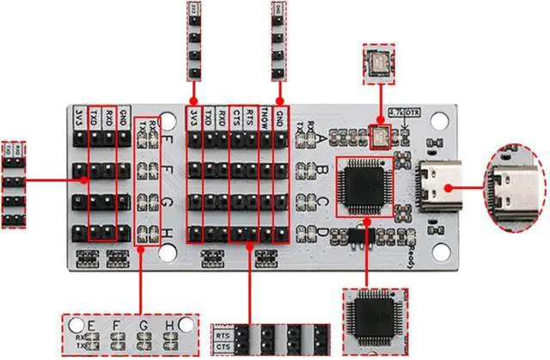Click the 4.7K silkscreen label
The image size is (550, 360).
[398, 112]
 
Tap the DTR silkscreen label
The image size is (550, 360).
[413, 112]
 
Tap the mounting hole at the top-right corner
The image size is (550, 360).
[441, 123]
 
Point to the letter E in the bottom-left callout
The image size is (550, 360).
[91, 326]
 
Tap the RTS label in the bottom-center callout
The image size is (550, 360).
[223, 334]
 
